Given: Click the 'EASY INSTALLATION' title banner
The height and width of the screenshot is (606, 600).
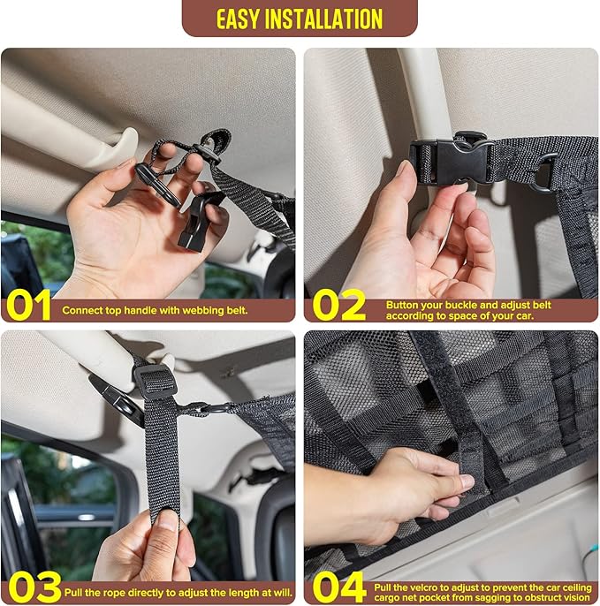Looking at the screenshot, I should (x=300, y=18).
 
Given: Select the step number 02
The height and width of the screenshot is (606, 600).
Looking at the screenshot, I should (x=338, y=306).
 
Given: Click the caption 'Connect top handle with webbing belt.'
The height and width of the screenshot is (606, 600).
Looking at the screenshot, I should (x=155, y=311).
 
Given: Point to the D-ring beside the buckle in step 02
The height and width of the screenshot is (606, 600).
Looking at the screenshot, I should (x=543, y=172).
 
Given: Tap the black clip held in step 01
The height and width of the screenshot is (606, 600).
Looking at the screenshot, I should (x=198, y=222).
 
